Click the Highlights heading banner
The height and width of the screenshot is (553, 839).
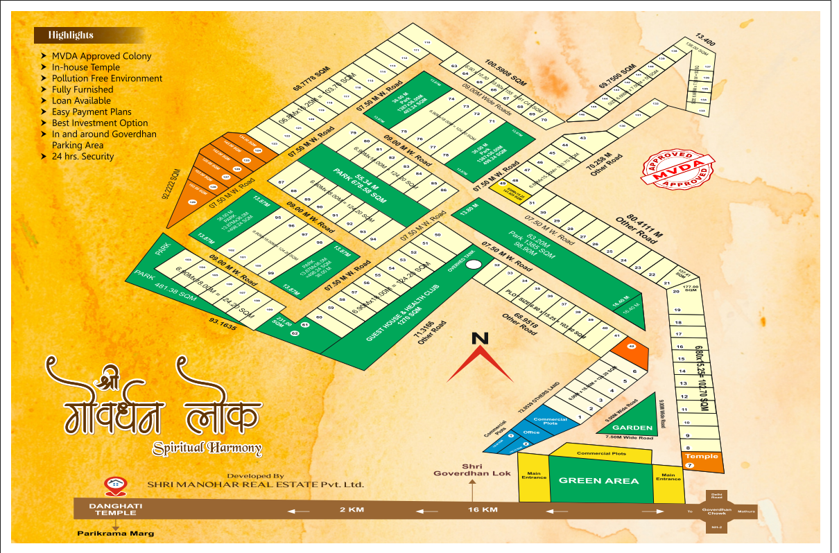[71, 35]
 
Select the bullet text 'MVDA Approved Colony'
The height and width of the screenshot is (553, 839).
[101, 56]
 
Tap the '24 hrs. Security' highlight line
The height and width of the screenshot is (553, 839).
[83, 157]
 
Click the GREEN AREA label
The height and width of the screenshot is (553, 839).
[599, 480]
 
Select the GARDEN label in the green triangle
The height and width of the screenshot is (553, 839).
[632, 428]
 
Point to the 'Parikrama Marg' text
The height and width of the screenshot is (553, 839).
[116, 534]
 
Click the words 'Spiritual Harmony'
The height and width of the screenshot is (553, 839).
[207, 448]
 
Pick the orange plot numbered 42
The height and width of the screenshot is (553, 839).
[631, 346]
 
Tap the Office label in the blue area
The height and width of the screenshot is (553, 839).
[531, 432]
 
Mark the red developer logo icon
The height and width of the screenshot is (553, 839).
[110, 484]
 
